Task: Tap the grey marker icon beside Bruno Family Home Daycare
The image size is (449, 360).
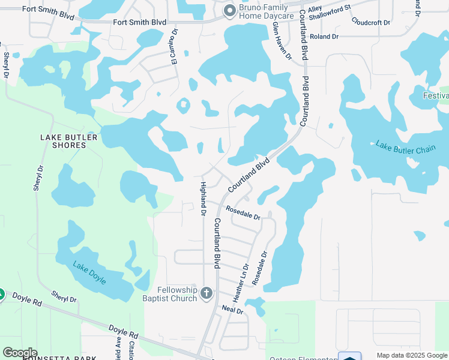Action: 229,10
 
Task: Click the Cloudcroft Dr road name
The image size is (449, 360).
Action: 371,22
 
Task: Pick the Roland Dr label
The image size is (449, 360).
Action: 325,37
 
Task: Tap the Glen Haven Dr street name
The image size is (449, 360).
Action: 282,41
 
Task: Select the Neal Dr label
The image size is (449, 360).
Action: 232,310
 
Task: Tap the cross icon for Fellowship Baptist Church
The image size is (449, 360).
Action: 206,293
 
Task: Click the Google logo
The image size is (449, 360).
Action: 20,353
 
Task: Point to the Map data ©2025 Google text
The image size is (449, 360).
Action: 412,356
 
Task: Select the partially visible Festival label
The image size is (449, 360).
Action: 435,96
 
